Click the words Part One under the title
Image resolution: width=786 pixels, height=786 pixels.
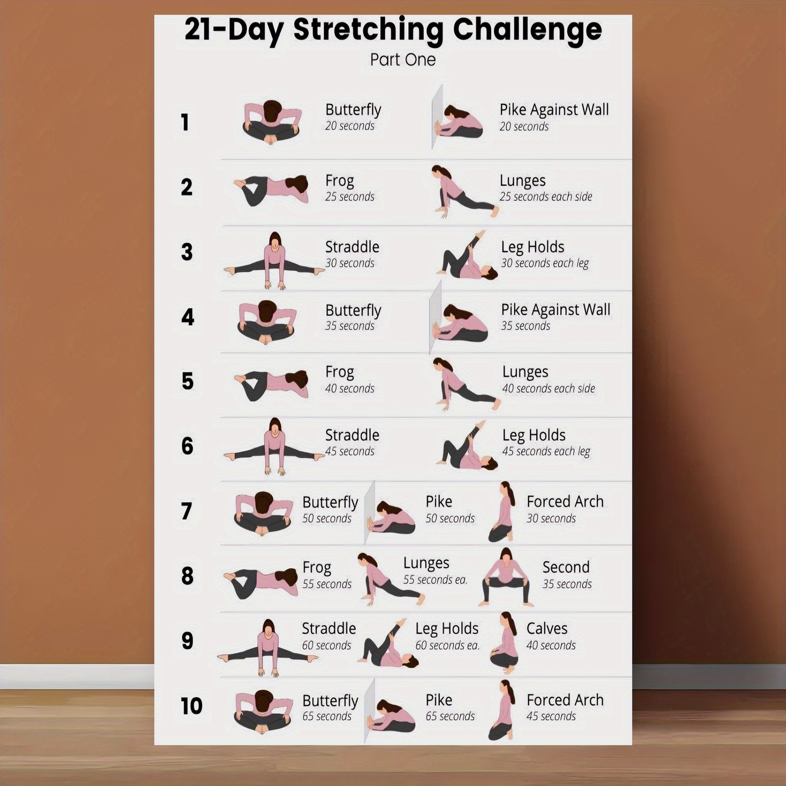[x=403, y=59]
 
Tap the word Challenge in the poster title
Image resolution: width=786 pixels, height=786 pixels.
[x=527, y=30]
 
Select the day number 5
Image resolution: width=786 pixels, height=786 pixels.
[x=188, y=381]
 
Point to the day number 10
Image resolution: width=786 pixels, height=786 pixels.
[x=192, y=706]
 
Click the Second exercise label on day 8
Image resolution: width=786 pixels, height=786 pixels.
[x=566, y=567]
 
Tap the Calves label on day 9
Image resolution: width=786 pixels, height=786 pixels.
[x=547, y=628]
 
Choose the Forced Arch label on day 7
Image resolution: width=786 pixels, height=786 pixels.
[x=565, y=502]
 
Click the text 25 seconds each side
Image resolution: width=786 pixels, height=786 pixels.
[x=546, y=196]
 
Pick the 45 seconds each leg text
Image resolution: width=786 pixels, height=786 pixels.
[x=546, y=451]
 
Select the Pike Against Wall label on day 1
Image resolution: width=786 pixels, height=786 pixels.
[x=554, y=110]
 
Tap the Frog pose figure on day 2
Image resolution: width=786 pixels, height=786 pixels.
[x=271, y=190]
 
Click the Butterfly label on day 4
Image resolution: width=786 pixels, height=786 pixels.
[x=353, y=310]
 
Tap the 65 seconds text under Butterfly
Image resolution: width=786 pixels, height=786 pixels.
[x=327, y=716]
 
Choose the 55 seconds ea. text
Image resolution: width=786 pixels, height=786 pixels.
[x=435, y=580]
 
